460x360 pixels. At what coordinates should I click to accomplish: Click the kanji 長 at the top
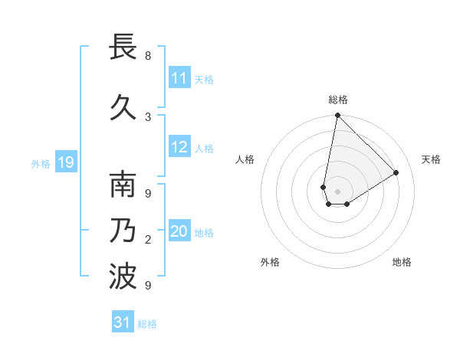(123, 47)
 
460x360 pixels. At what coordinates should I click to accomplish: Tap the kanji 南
(123, 186)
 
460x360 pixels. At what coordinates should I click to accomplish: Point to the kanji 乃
(123, 231)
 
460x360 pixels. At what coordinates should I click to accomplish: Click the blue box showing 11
(179, 78)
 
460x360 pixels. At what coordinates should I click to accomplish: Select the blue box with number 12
(179, 148)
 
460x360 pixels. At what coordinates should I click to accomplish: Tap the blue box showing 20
(179, 232)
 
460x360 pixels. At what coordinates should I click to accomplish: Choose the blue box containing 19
(65, 162)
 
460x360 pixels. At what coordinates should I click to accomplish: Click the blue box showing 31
(123, 322)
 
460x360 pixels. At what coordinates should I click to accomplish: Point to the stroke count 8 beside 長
(148, 56)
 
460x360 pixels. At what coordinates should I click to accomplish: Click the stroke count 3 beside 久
(148, 116)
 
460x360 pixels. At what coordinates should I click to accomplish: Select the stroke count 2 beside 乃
(148, 240)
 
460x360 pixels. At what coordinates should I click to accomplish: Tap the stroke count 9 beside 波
(148, 285)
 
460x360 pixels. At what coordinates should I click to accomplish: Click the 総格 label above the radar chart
(338, 100)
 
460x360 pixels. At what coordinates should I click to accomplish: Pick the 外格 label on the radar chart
(270, 262)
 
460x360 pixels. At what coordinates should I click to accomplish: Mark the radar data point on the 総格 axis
(337, 116)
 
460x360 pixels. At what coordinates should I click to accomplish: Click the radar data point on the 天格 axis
(396, 172)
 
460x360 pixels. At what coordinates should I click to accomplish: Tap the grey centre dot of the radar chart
(337, 191)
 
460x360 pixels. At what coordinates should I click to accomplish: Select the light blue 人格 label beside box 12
(204, 149)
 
